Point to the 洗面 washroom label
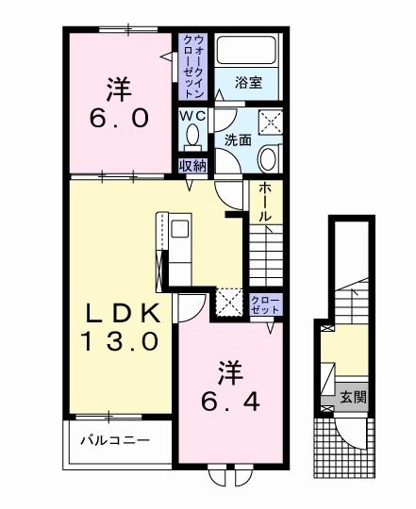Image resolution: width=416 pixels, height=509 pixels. tap(237, 140)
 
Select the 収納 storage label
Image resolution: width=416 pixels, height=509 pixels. tap(192, 166)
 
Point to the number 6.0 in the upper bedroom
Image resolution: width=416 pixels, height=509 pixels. tap(119, 118)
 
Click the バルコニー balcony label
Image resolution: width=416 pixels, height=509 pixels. tap(114, 439)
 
